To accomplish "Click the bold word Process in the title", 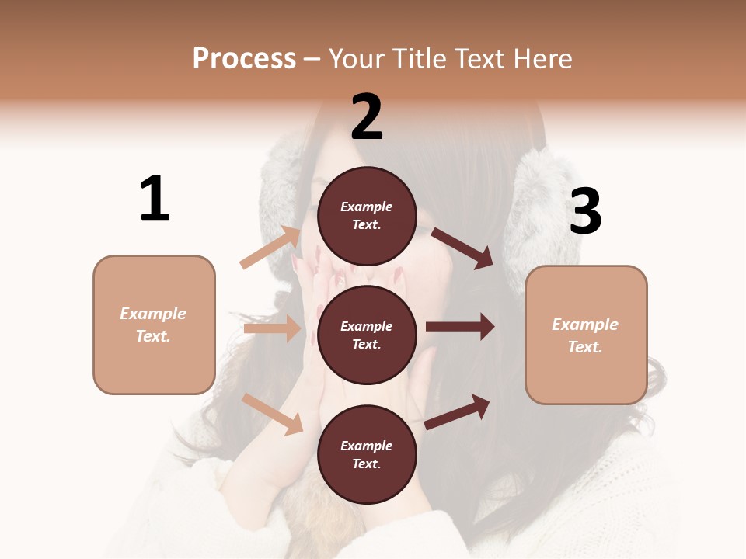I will [244, 59].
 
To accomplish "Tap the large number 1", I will [154, 199].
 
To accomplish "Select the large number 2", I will [367, 116].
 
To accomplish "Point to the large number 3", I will [585, 212].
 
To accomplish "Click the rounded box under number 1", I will [154, 325].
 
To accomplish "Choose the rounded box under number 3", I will [586, 335].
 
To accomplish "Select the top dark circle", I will [367, 216].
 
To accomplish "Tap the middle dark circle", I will [367, 335].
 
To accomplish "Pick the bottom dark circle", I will [367, 454].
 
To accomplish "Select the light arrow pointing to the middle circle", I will [272, 328].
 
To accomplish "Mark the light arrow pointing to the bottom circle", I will [273, 414].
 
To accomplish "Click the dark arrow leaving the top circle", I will [462, 248].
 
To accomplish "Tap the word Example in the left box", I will [153, 314].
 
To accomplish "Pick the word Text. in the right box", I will [585, 347].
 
